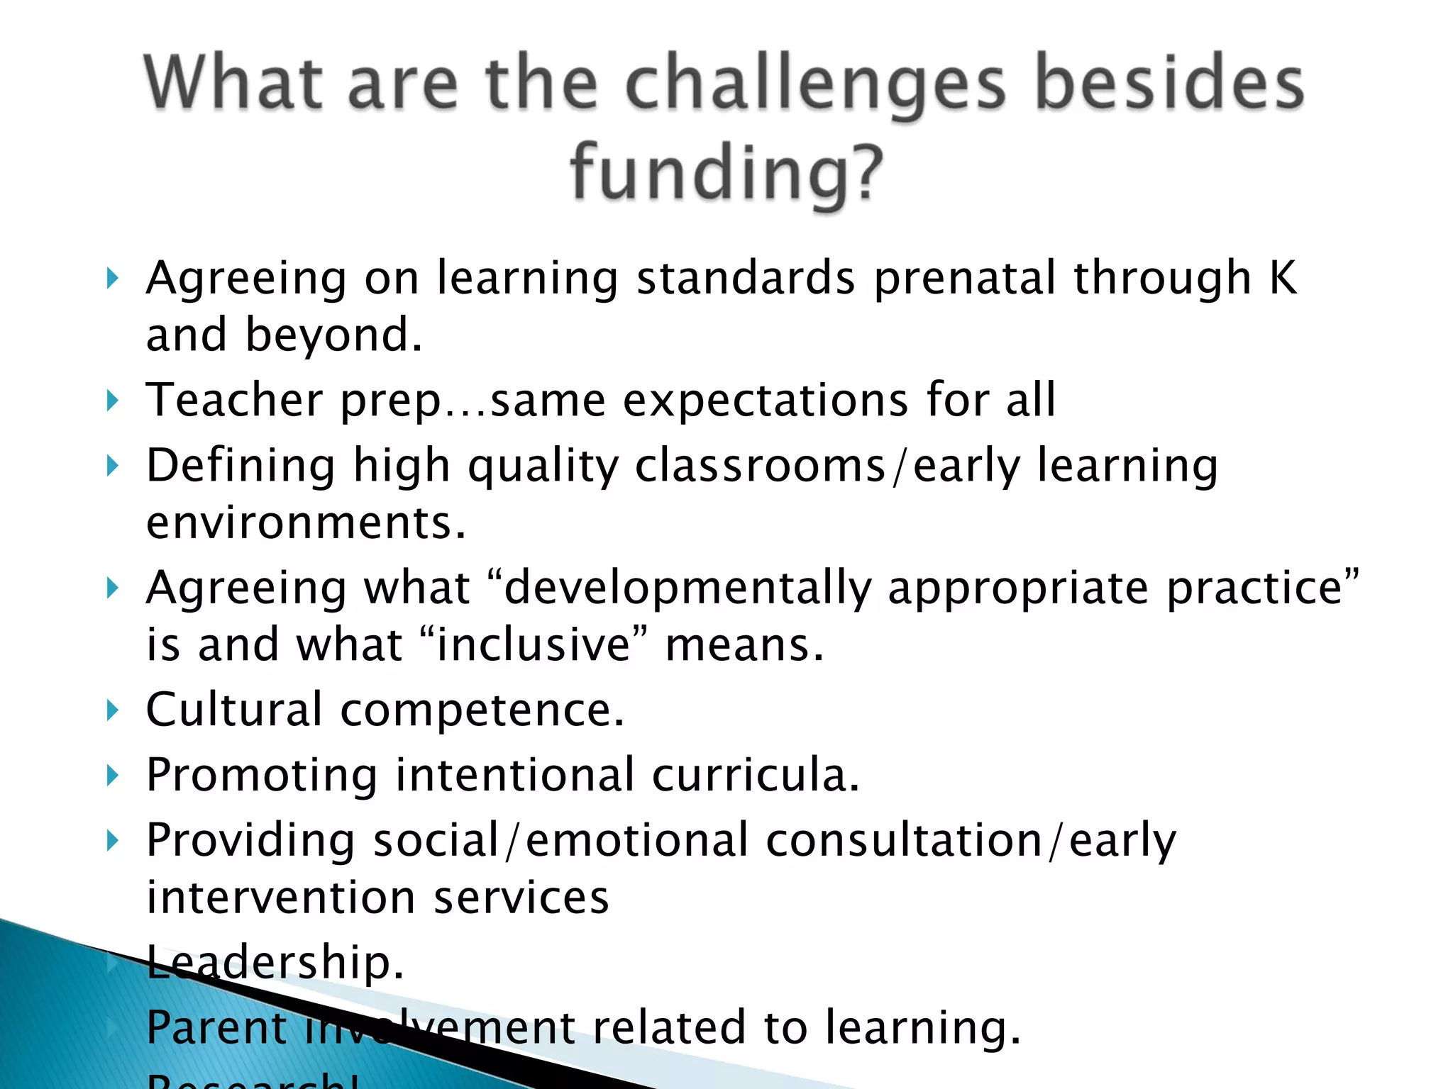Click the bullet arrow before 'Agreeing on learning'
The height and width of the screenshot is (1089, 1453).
tap(111, 279)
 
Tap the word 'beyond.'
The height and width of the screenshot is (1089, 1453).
tap(333, 335)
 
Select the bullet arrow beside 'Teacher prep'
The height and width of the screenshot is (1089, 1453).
tap(111, 401)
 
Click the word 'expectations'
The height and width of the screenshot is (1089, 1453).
tap(766, 401)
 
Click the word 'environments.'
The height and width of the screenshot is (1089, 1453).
tap(306, 523)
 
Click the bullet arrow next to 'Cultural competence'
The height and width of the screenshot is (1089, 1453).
tap(111, 710)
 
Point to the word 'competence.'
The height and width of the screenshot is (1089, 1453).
tap(482, 710)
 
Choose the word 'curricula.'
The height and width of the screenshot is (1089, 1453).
tap(756, 775)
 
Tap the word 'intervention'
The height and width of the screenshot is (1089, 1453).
tap(281, 898)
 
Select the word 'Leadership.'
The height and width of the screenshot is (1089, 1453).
tap(275, 963)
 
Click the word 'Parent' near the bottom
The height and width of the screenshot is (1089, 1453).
tap(216, 1027)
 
